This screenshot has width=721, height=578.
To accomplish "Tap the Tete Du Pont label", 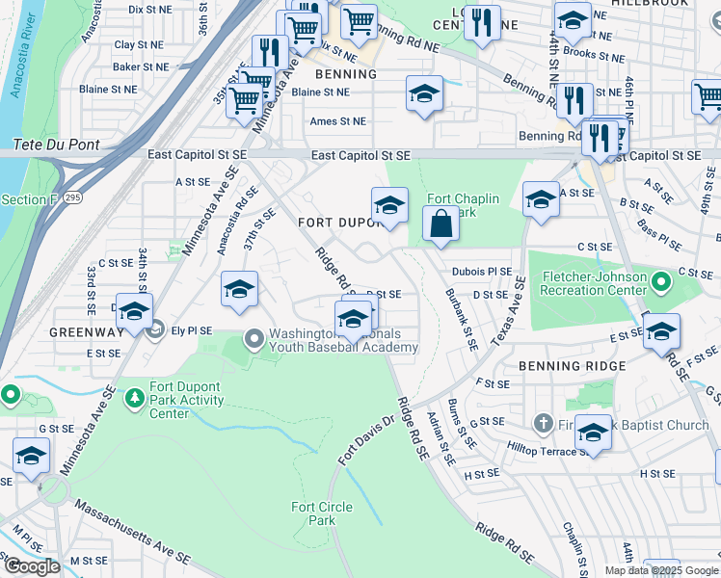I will point(56,144).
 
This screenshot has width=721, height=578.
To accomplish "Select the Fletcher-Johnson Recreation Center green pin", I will point(661,283).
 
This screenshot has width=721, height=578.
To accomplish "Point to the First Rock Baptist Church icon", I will point(544,424).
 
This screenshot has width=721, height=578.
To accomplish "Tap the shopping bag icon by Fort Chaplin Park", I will point(441,223).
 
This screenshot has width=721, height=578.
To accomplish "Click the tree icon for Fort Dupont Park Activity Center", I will point(134,396).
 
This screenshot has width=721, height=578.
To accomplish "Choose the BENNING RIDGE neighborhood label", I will point(573,366).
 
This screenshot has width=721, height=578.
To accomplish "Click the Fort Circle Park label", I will point(322,513).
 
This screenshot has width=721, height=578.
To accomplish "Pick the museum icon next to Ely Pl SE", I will point(155,330).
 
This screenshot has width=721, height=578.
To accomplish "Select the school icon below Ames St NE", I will point(424,94).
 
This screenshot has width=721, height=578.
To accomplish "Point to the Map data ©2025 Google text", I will point(660,570).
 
